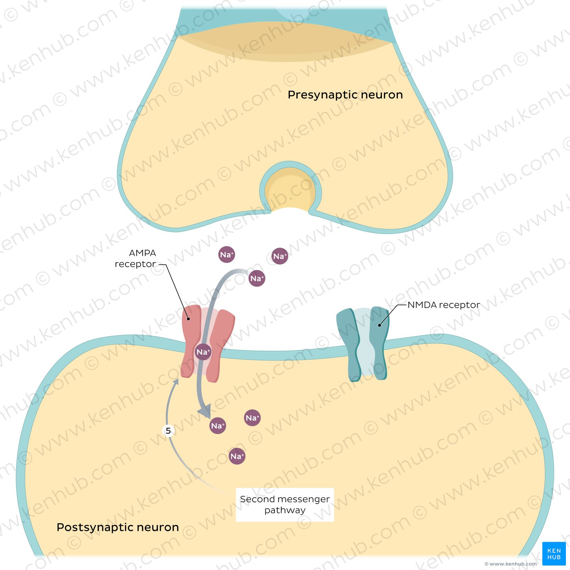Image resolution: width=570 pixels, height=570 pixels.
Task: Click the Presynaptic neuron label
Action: (345, 95)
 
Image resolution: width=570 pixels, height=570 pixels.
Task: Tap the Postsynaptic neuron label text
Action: (118, 527)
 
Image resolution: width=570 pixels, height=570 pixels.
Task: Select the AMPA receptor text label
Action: (136, 258)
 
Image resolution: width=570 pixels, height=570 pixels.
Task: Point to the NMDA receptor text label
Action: (444, 305)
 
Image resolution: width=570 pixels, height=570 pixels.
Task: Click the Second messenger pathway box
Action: (285, 504)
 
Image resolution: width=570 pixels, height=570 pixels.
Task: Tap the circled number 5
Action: (168, 431)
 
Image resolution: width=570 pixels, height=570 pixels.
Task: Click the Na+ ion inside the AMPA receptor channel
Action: (203, 352)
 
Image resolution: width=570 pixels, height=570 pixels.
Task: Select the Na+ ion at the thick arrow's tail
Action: (257, 278)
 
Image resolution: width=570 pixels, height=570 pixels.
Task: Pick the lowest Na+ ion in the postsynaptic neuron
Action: (237, 456)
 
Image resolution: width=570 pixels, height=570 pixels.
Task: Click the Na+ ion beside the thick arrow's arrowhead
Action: (218, 425)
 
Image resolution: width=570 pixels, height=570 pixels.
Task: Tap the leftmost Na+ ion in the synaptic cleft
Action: (227, 254)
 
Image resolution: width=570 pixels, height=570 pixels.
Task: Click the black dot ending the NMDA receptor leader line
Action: (379, 325)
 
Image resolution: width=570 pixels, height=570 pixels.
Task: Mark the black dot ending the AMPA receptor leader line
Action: (189, 319)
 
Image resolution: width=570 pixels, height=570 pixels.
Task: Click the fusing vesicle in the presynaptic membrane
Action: (290, 188)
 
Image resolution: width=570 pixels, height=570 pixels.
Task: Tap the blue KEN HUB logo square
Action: (554, 553)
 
